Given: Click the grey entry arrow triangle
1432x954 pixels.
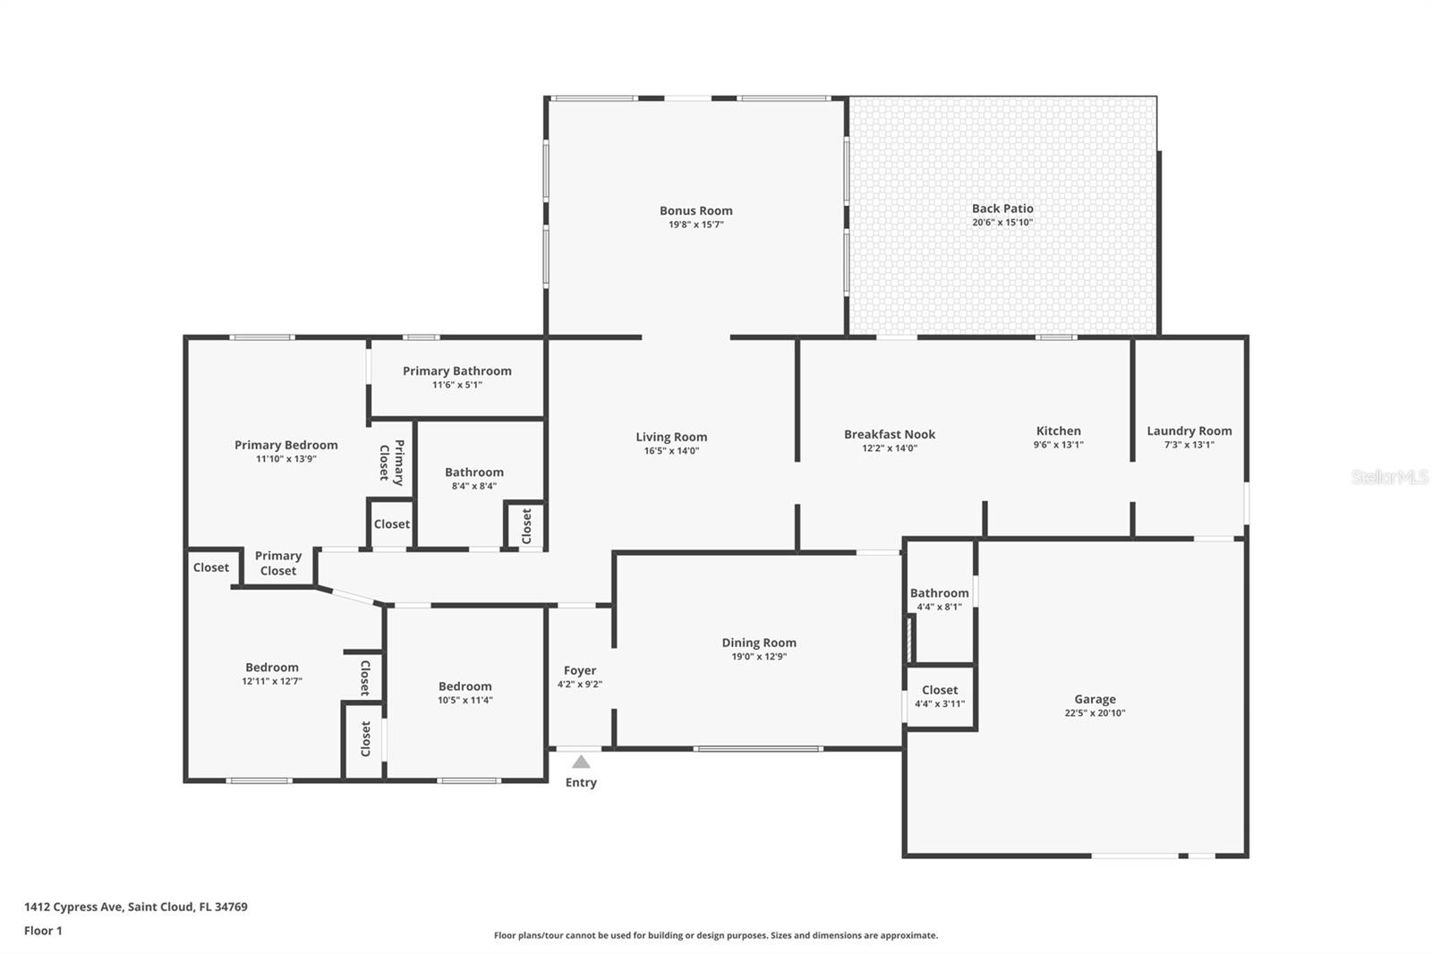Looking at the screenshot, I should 581,762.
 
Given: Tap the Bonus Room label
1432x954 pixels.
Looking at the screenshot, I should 695,211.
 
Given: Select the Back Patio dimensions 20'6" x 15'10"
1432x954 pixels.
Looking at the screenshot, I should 1002,223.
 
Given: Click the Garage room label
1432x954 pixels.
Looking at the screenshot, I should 1095,700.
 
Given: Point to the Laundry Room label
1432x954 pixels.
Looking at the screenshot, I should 1189,431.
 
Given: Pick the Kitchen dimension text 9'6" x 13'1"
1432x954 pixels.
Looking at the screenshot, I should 1058,445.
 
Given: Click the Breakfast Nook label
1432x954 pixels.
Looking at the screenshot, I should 889,435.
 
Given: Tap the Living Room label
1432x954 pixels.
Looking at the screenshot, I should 671,438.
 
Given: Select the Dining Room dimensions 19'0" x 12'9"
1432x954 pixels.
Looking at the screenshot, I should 759,657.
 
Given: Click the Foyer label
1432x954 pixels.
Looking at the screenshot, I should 580,670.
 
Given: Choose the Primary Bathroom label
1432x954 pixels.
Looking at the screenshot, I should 456,371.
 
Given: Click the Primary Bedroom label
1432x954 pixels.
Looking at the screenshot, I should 286,446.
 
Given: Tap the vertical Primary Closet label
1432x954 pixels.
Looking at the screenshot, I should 392,462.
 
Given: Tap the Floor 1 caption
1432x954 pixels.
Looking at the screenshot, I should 43,931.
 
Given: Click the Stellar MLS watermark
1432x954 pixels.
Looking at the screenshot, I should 1389,477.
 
